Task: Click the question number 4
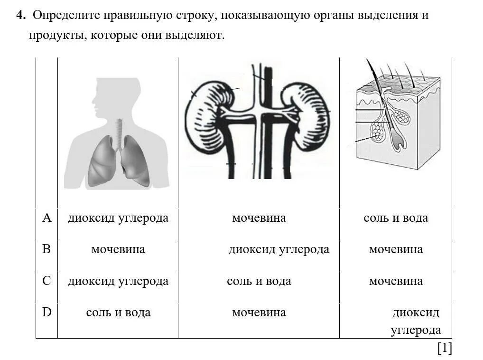[19, 15]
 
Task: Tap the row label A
[46, 218]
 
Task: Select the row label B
[46, 249]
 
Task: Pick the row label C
[46, 281]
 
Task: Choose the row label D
[46, 312]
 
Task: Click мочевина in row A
[259, 218]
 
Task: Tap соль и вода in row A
[396, 218]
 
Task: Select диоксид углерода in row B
[279, 249]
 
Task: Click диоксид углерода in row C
[118, 281]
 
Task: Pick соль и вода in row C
[259, 281]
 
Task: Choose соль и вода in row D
[118, 313]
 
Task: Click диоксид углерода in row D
[416, 322]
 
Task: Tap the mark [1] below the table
[444, 349]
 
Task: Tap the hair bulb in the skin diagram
[397, 142]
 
